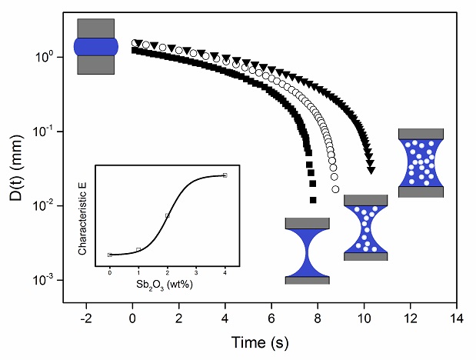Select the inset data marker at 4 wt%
tap(225, 175)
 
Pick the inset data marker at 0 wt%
tap(110, 255)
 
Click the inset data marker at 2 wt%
tap(167, 215)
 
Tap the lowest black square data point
tap(313, 200)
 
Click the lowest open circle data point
tap(335, 189)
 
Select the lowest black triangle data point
tap(371, 170)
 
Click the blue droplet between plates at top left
tap(95, 46)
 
